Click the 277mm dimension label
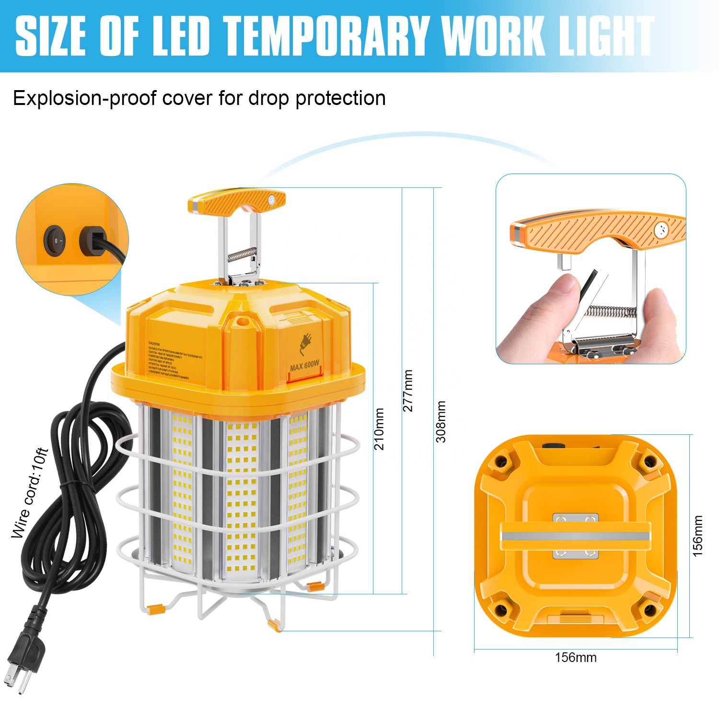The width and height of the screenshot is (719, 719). coord(408,390)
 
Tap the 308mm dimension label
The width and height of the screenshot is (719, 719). coord(441,421)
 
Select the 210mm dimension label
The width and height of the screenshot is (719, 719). coord(379,429)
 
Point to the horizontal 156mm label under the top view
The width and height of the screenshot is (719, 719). coord(575,657)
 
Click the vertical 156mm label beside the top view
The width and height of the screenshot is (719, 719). coord(698,536)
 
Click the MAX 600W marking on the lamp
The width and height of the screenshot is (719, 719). coord(304,366)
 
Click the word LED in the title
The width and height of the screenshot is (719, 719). coord(182,36)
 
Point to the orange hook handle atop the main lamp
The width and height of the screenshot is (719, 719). coord(236,201)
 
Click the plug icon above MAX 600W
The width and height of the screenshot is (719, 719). coord(305,344)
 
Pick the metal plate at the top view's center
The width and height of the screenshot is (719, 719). coord(575,535)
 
